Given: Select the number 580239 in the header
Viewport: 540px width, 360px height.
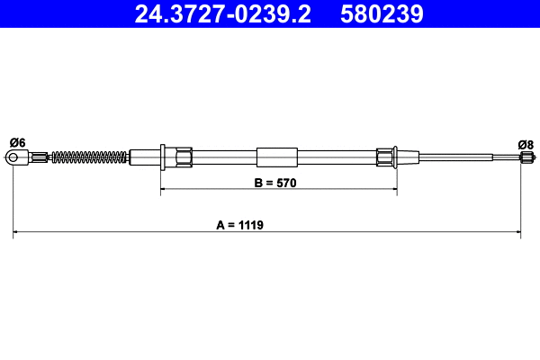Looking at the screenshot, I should pyautogui.click(x=382, y=13).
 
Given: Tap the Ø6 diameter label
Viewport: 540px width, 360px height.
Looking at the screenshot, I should pyautogui.click(x=16, y=142).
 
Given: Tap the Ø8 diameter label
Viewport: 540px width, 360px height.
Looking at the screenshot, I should pyautogui.click(x=526, y=143).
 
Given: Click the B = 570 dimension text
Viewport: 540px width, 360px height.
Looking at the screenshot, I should pyautogui.click(x=275, y=182).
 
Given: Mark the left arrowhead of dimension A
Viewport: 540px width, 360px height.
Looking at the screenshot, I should pyautogui.click(x=17, y=233).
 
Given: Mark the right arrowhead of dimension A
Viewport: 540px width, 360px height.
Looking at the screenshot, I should pyautogui.click(x=517, y=233).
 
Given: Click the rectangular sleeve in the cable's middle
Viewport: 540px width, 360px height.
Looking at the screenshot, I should pyautogui.click(x=276, y=157).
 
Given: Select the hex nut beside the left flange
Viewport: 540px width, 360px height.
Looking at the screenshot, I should pyautogui.click(x=182, y=157).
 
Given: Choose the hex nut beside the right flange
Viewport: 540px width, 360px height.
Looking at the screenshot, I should pyautogui.click(x=384, y=157).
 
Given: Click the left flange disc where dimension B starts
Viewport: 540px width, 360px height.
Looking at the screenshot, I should pyautogui.click(x=160, y=157).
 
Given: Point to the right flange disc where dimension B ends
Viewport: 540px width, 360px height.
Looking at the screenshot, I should pyautogui.click(x=396, y=157).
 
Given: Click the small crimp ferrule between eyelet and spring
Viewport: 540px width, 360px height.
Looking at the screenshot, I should pyautogui.click(x=41, y=158).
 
